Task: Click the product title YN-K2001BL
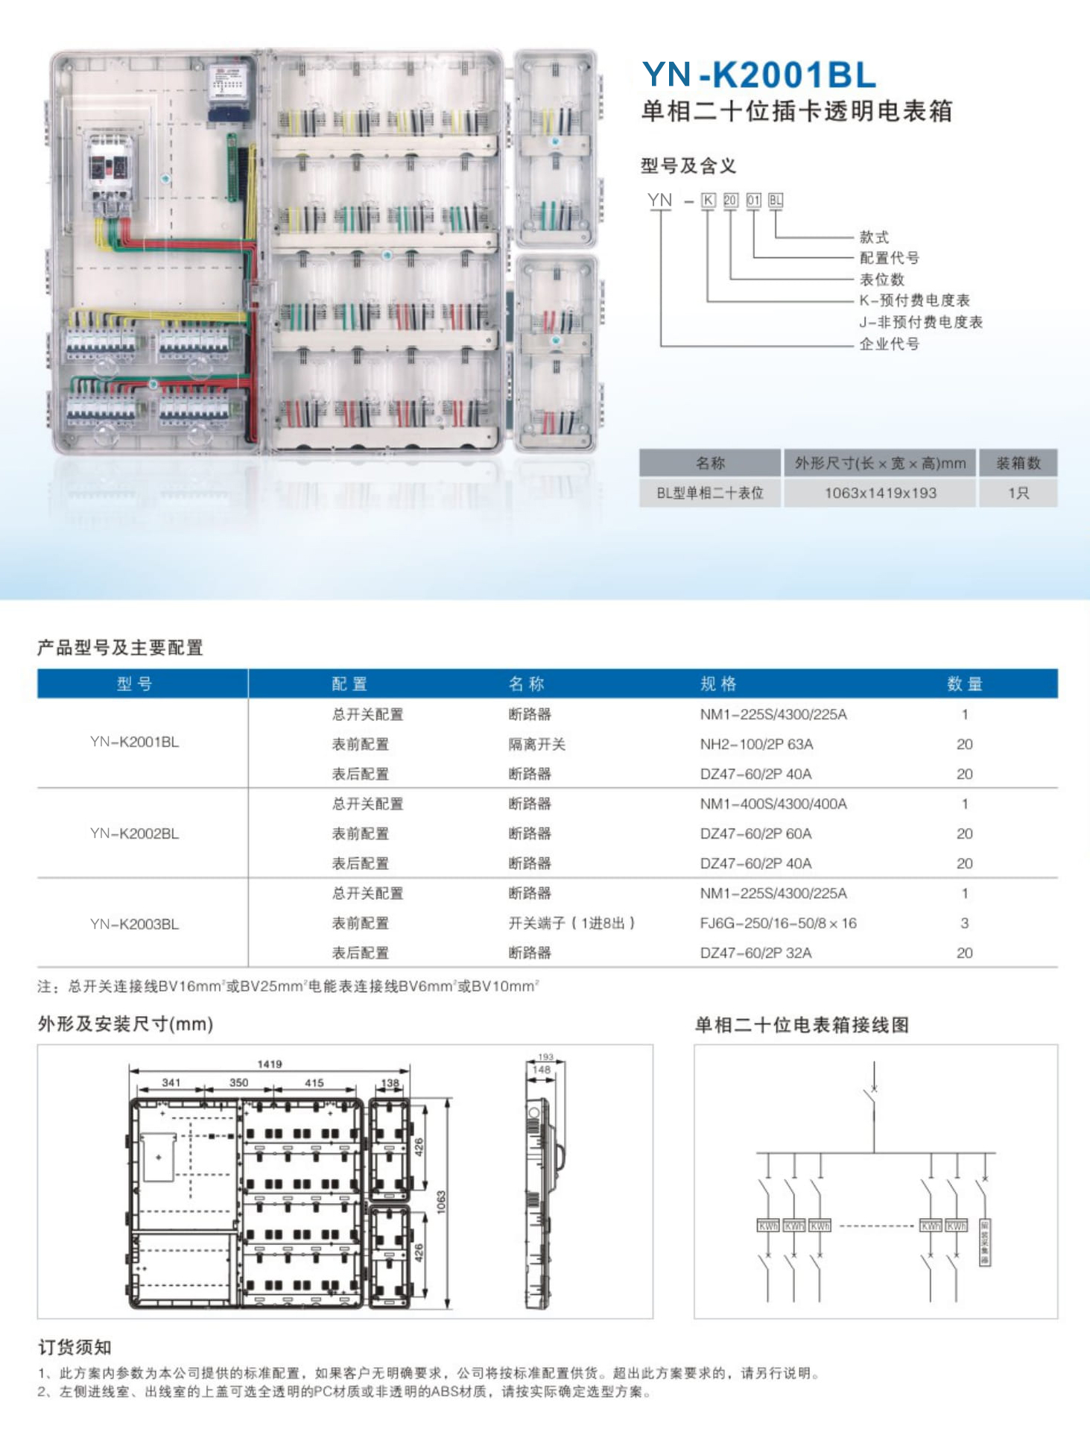point(758,75)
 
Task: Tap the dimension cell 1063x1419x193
point(880,493)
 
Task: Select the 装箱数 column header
point(1018,463)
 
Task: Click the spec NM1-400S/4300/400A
point(773,804)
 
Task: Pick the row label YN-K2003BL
point(134,924)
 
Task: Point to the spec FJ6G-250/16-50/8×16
point(778,923)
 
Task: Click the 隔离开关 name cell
point(536,744)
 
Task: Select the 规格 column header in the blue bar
point(718,684)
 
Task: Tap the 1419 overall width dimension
point(270,1064)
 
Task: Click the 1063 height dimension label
point(441,1202)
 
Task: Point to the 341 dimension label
point(171,1082)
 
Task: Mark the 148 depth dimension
point(542,1070)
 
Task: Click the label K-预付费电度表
point(914,300)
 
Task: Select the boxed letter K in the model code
point(708,200)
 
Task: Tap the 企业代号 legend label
point(889,344)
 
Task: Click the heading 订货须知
point(75,1347)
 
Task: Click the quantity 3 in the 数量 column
point(964,923)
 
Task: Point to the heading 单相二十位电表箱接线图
point(802,1025)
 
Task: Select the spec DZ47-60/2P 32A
point(755,953)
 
